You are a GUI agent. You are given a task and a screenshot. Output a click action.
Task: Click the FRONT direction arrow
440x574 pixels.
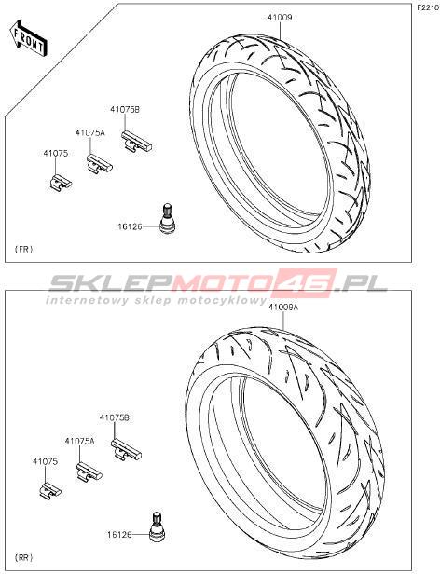click(28, 38)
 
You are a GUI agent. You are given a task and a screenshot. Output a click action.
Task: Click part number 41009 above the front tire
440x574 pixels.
click(280, 17)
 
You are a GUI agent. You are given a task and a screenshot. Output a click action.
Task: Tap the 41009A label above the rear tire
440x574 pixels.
click(283, 307)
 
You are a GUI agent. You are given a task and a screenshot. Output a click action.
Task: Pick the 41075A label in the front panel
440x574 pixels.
click(90, 133)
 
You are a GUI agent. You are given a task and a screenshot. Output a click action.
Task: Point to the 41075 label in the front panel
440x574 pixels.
click(56, 154)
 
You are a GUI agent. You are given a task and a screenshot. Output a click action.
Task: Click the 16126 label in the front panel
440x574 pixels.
click(130, 227)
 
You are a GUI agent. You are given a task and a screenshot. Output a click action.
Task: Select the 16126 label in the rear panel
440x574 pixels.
click(119, 535)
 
